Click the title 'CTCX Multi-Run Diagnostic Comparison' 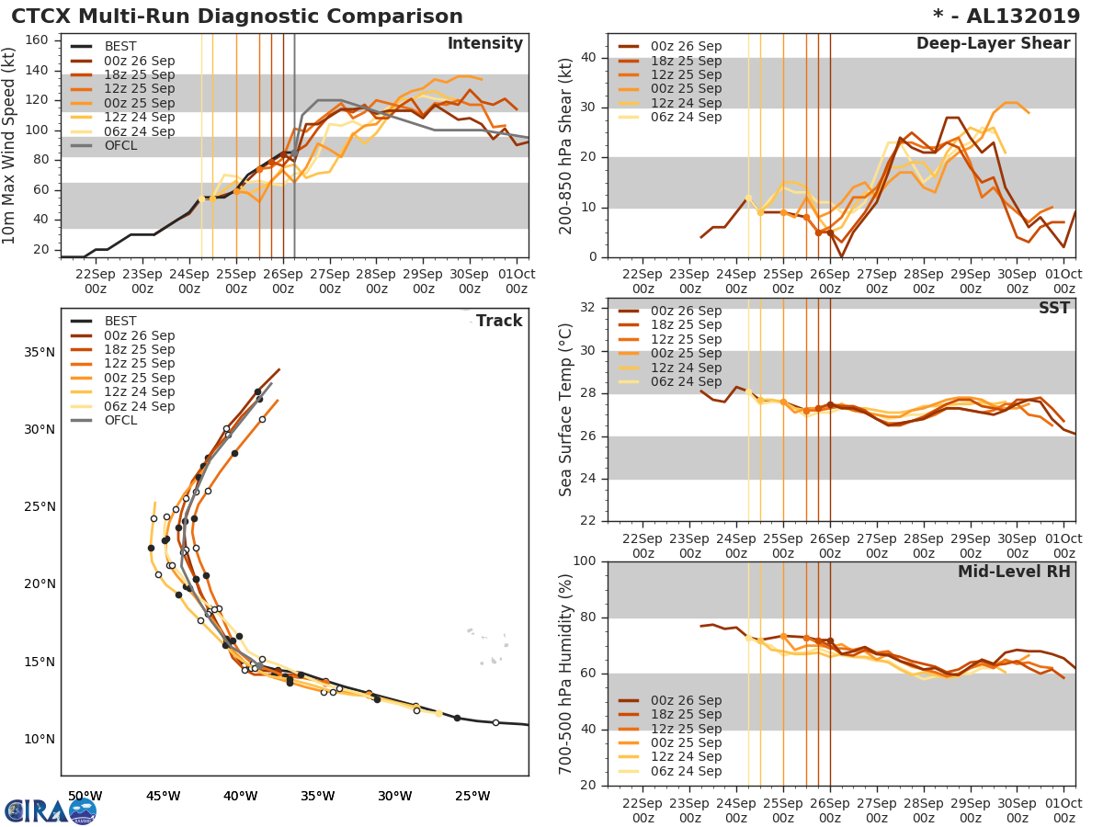pyautogui.click(x=237, y=17)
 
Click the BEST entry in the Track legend pyautogui.click(x=120, y=321)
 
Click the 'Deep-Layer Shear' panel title pyautogui.click(x=993, y=44)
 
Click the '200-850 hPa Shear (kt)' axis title pyautogui.click(x=566, y=145)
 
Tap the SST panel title pyautogui.click(x=1053, y=308)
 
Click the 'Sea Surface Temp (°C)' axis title pyautogui.click(x=566, y=410)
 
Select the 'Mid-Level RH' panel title pyautogui.click(x=1014, y=572)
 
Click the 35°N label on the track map pyautogui.click(x=40, y=352)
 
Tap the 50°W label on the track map pyautogui.click(x=85, y=796)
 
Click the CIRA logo pyautogui.click(x=50, y=810)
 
